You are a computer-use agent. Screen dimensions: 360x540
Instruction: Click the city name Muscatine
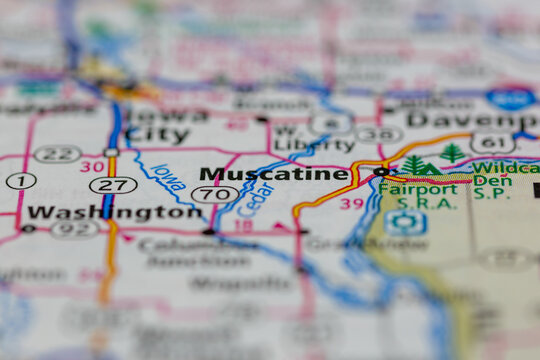click(x=273, y=174)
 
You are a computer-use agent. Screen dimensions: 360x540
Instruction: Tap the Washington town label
click(x=114, y=212)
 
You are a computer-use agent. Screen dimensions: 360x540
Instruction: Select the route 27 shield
click(x=112, y=185)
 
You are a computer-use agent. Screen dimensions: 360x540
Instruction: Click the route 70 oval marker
click(x=214, y=194)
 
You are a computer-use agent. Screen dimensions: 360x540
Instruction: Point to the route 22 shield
click(x=57, y=153)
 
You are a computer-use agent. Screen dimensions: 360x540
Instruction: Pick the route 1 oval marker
click(x=20, y=181)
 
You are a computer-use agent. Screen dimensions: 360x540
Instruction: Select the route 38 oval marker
click(x=378, y=134)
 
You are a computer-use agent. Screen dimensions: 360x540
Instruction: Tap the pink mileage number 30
click(x=92, y=167)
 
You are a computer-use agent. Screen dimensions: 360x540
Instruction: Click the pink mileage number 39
click(x=351, y=204)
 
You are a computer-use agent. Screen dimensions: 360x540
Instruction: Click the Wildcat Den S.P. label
click(x=504, y=176)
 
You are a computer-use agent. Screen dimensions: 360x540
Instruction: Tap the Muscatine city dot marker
click(x=380, y=172)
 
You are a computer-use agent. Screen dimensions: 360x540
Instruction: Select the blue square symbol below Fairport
click(x=405, y=222)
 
